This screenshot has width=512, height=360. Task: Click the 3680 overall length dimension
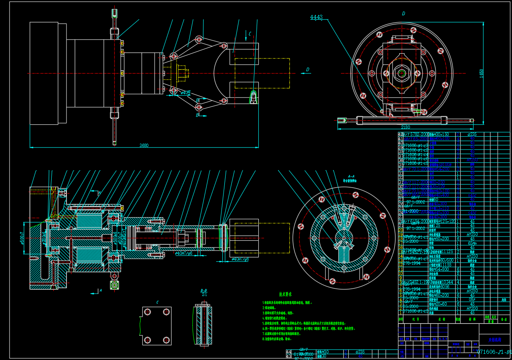tap(144, 145)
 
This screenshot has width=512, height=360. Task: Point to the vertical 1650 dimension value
tap(481, 73)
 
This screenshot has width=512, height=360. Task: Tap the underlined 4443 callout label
tap(316, 17)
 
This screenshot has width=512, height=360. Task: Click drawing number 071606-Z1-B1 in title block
tap(494, 352)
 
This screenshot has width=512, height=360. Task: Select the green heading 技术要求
tap(285, 295)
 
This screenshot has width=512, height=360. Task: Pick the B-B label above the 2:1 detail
tap(203, 290)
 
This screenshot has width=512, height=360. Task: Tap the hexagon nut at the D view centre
tap(401, 73)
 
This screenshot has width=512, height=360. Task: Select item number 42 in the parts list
tap(400, 135)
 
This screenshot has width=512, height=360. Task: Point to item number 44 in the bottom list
tap(288, 352)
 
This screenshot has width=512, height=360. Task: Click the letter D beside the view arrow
tap(307, 70)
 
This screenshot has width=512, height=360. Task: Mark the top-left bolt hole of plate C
tap(147, 311)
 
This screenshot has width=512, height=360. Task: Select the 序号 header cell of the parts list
tap(400, 319)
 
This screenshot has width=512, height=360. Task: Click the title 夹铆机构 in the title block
tap(494, 340)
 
